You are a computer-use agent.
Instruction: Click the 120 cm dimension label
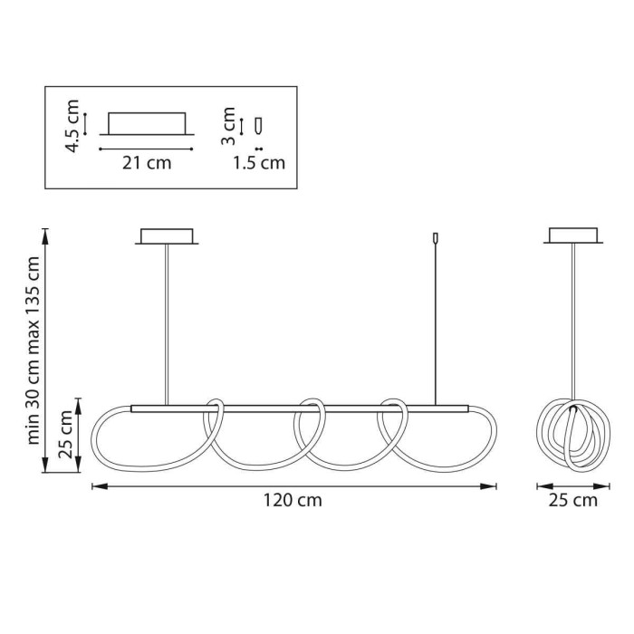[293, 501]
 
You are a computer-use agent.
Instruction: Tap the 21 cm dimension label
[147, 163]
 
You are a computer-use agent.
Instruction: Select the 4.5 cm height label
[72, 126]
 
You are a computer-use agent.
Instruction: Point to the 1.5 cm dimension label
[259, 163]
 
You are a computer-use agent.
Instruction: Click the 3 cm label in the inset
[229, 126]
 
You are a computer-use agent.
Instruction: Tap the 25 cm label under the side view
[573, 501]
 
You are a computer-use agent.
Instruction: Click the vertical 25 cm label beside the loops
[66, 434]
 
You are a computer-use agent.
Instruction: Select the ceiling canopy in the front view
[167, 236]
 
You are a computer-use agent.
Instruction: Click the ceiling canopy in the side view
[573, 235]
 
